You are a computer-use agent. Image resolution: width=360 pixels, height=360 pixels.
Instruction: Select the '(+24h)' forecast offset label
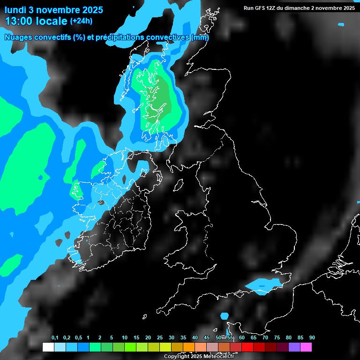(81, 21)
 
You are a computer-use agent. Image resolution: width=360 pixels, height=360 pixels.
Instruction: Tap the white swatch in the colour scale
(48, 347)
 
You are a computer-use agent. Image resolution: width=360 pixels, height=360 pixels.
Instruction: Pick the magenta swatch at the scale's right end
(306, 347)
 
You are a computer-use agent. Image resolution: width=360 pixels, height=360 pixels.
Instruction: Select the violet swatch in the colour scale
(294, 347)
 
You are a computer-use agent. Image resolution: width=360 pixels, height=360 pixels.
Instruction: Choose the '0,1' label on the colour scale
(55, 338)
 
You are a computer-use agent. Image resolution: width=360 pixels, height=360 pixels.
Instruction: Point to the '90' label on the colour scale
(312, 338)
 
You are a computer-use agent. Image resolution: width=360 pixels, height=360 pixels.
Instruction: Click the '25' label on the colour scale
(160, 338)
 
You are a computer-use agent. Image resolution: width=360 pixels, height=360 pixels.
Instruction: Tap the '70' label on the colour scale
(265, 338)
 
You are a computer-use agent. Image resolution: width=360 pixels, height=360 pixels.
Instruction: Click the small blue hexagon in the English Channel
(224, 316)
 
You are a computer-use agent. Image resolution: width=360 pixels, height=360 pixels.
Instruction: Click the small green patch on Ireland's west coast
(75, 190)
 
